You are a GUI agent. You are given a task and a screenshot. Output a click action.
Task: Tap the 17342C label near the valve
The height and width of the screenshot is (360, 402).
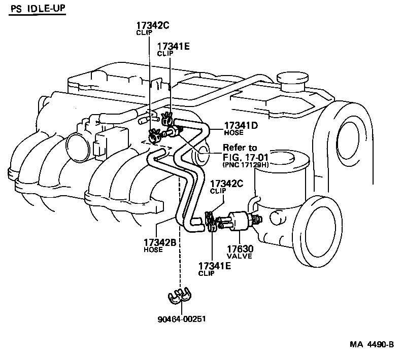pos(225,183)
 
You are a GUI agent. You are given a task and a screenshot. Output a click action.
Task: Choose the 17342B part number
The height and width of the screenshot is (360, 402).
pos(159,242)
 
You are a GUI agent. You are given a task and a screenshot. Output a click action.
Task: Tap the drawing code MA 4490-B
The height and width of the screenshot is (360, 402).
pos(372,345)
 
